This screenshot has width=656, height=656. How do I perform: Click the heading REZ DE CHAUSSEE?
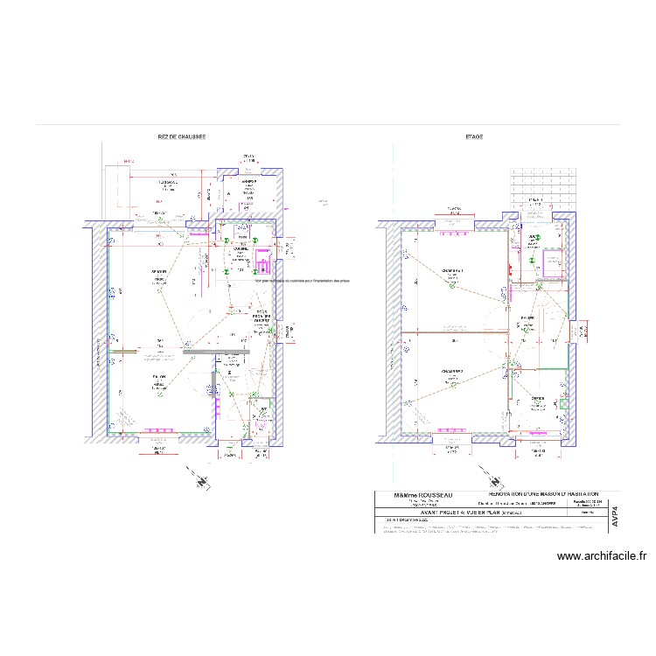tap(181, 137)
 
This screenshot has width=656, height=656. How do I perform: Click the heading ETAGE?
tap(475, 137)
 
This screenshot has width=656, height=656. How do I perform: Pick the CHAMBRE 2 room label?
tap(451, 370)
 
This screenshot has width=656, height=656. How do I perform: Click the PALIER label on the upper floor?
tap(527, 318)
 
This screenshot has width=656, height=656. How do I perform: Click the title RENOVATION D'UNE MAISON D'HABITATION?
tap(543, 494)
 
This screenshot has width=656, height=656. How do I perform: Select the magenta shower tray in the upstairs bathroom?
tap(553, 262)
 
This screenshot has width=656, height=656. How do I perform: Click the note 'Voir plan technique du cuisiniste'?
tap(302, 281)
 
